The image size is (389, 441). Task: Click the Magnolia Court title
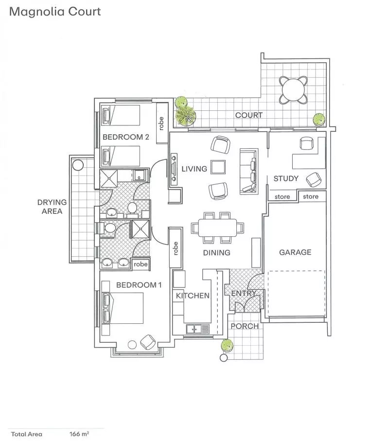(x=55, y=11)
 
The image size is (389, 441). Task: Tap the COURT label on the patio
(x=248, y=115)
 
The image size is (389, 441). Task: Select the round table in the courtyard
(x=293, y=90)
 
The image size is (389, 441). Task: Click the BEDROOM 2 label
(x=125, y=137)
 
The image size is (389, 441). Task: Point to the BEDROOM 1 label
(x=138, y=285)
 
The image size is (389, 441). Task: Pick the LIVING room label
(x=194, y=169)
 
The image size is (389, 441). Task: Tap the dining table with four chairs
(x=217, y=227)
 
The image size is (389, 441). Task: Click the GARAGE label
(x=295, y=252)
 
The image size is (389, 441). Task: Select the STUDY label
(x=286, y=178)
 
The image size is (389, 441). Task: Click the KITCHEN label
(x=193, y=295)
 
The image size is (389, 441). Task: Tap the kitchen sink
(x=196, y=329)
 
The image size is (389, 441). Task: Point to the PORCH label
(x=245, y=326)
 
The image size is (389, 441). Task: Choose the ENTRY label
(x=243, y=294)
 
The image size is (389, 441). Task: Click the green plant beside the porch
(x=226, y=345)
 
